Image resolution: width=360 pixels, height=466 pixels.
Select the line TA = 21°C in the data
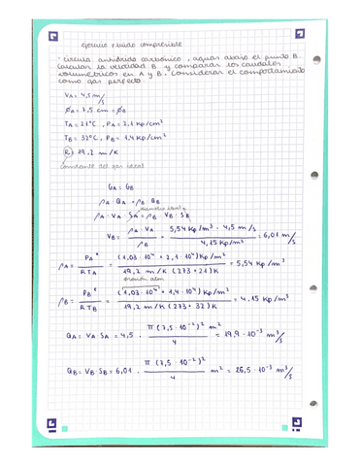pos(87,125)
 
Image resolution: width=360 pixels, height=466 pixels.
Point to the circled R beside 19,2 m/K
pos(68,152)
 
